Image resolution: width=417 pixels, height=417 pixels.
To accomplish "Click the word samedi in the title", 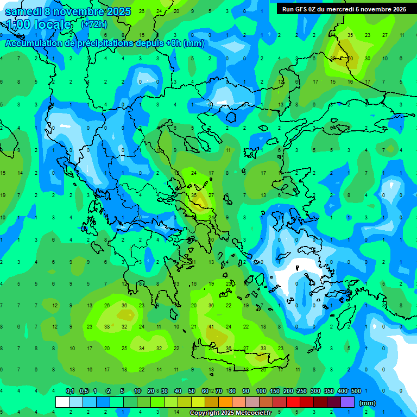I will pyautogui.click(x=23, y=12).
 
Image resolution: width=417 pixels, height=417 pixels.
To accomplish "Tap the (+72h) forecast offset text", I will pyautogui.click(x=94, y=24).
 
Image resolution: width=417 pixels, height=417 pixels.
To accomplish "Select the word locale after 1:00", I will pyautogui.click(x=52, y=24).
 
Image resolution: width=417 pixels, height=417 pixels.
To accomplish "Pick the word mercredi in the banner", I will pyautogui.click(x=343, y=9).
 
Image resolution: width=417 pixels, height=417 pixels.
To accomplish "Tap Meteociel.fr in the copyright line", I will pyautogui.click(x=252, y=413).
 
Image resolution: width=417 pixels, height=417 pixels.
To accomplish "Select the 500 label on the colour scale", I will pyautogui.click(x=356, y=391).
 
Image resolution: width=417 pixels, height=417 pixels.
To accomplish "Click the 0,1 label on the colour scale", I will pyautogui.click(x=70, y=391).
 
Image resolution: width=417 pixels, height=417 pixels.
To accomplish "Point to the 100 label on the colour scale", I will pyautogui.click(x=261, y=391).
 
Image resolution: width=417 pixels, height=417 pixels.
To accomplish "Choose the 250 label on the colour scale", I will pyautogui.click(x=301, y=391).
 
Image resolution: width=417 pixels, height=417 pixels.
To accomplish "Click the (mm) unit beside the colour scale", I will pyautogui.click(x=368, y=403).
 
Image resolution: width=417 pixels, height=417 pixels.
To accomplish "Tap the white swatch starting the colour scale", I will pyautogui.click(x=62, y=402).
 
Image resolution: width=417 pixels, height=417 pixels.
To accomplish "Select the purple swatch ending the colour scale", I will pyautogui.click(x=347, y=402).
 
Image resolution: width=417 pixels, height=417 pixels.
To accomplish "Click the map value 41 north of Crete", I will pyautogui.click(x=211, y=327).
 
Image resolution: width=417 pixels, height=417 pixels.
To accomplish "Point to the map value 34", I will pyautogui.click(x=142, y=348).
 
